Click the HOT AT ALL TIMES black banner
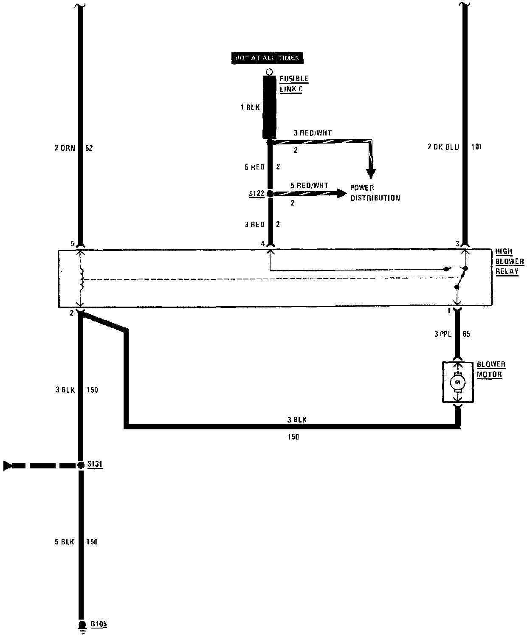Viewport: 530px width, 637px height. pyautogui.click(x=267, y=58)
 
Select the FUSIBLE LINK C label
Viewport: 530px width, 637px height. pyautogui.click(x=293, y=84)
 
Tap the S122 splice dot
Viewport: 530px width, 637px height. pyautogui.click(x=270, y=194)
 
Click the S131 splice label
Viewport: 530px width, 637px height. pyautogui.click(x=95, y=465)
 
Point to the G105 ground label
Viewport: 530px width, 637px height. pyautogui.click(x=99, y=624)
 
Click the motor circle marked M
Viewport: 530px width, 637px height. pyautogui.click(x=457, y=382)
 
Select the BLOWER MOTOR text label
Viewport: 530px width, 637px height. pyautogui.click(x=491, y=369)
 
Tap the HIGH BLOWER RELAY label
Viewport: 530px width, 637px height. pyautogui.click(x=509, y=261)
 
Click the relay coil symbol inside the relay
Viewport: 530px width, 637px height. pyautogui.click(x=81, y=279)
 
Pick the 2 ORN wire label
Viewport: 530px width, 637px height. pyautogui.click(x=65, y=148)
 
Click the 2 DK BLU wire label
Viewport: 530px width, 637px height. pyautogui.click(x=443, y=147)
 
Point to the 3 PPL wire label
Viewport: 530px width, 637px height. pyautogui.click(x=443, y=334)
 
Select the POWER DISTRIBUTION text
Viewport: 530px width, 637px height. pyautogui.click(x=375, y=193)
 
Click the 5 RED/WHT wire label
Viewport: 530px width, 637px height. pyautogui.click(x=309, y=185)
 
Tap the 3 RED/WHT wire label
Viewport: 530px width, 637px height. pyautogui.click(x=313, y=133)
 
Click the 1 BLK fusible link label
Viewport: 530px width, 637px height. pyautogui.click(x=250, y=107)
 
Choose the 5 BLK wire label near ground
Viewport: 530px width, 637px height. pyautogui.click(x=65, y=541)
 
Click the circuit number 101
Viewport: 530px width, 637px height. pyautogui.click(x=476, y=147)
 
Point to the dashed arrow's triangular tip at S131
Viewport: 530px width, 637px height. pyautogui.click(x=7, y=466)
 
